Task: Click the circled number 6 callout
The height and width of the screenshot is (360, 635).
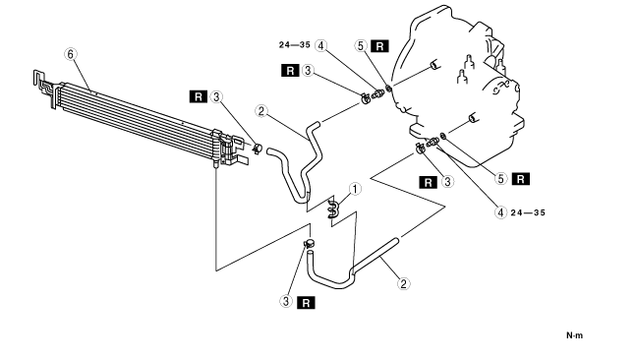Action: (x=71, y=54)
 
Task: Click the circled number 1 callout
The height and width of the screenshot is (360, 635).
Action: (x=355, y=189)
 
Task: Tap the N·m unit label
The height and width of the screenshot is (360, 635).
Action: (x=574, y=335)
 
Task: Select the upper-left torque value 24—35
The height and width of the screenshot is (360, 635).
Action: (x=295, y=45)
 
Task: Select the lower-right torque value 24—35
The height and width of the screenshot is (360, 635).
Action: (x=528, y=212)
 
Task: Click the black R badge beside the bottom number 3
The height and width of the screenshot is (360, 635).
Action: (x=306, y=302)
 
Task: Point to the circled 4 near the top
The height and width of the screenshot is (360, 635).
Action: (x=321, y=45)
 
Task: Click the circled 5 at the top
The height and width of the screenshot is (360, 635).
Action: (x=361, y=45)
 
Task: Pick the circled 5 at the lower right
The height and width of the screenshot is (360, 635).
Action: (x=501, y=179)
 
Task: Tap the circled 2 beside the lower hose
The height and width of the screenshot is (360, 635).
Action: (x=403, y=284)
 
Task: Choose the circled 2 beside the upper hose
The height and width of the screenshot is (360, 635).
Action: (x=261, y=111)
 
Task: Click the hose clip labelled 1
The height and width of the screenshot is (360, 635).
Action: (x=333, y=208)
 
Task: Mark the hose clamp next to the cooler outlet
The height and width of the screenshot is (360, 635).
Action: (x=258, y=149)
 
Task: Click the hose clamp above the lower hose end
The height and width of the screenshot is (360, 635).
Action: (x=310, y=243)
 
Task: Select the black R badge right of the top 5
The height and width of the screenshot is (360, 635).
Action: (x=379, y=46)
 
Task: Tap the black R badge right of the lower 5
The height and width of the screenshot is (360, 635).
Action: (x=521, y=179)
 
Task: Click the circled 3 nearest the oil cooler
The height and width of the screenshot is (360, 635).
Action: (x=216, y=97)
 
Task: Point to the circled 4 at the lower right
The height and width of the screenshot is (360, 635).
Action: (x=501, y=212)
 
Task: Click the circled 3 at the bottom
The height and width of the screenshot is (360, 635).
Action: (x=286, y=301)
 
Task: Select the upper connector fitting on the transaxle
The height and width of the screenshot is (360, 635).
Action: (x=377, y=93)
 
